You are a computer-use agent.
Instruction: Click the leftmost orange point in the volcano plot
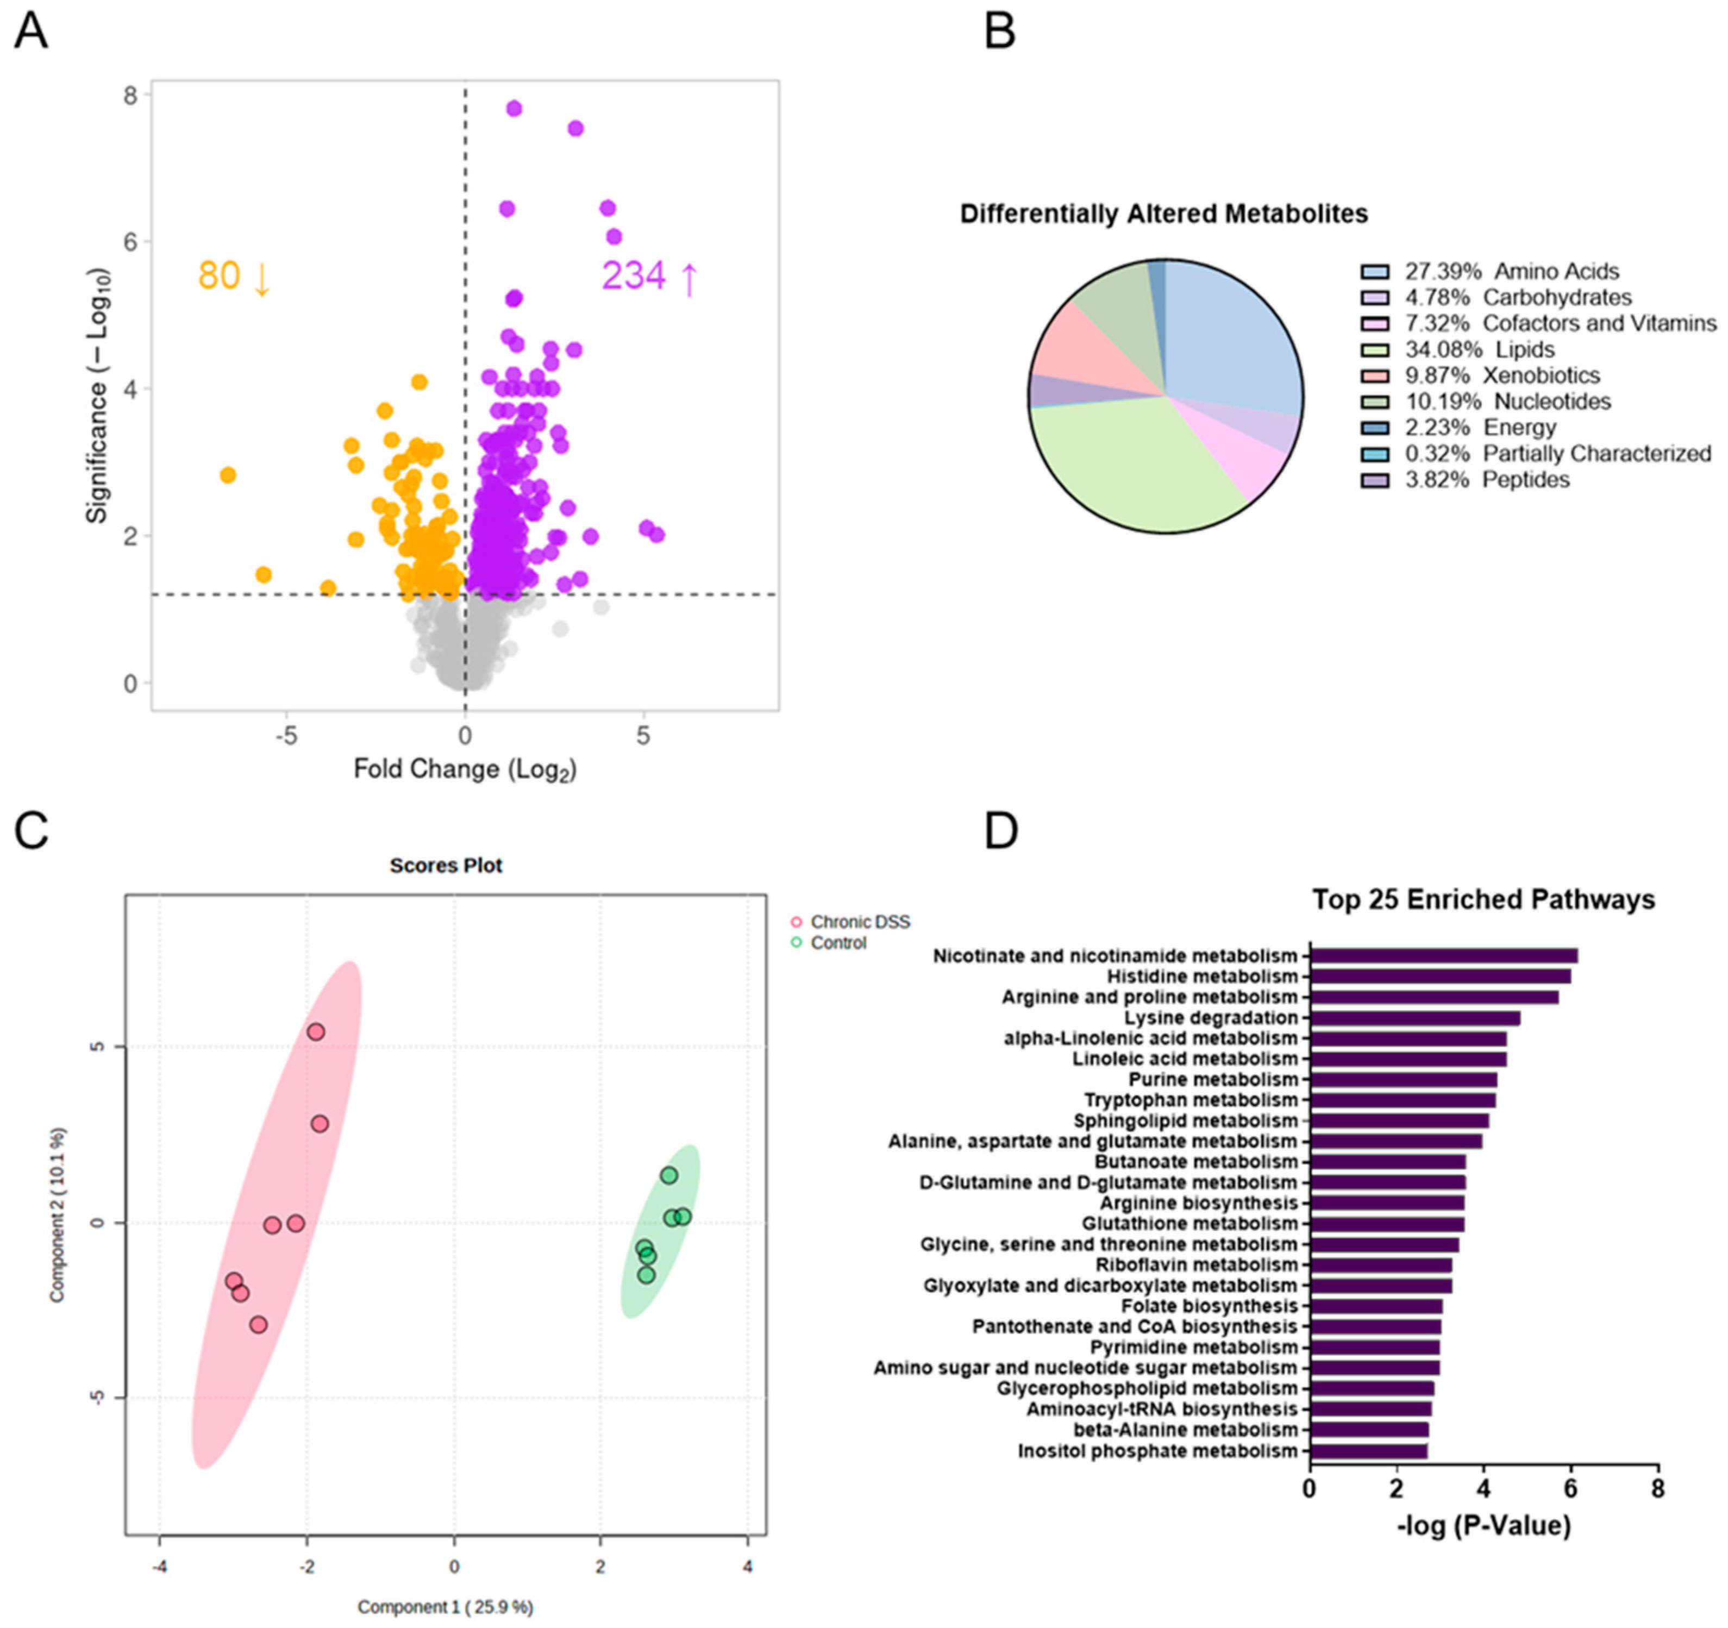click(228, 474)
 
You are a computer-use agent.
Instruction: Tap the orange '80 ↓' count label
click(234, 277)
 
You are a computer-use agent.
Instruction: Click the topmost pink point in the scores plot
click(316, 1032)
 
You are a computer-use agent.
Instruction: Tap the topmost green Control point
click(668, 1175)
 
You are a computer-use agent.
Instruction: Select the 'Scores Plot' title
click(446, 866)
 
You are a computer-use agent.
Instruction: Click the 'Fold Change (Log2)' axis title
click(465, 769)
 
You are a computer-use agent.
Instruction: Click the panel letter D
click(1000, 832)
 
